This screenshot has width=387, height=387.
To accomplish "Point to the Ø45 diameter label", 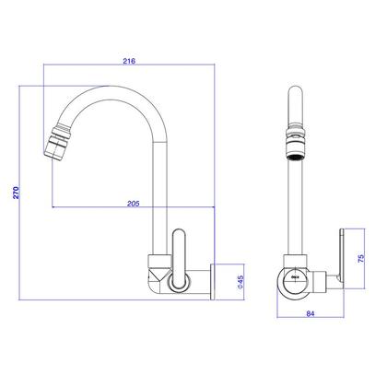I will (x=238, y=284).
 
